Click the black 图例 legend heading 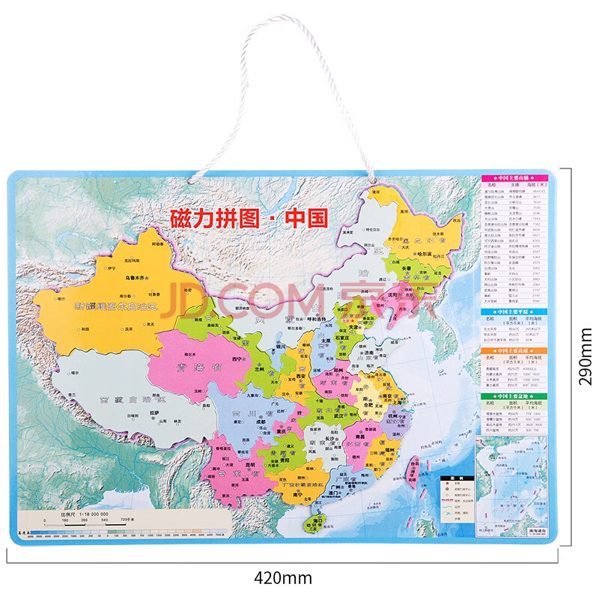point(448,478)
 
